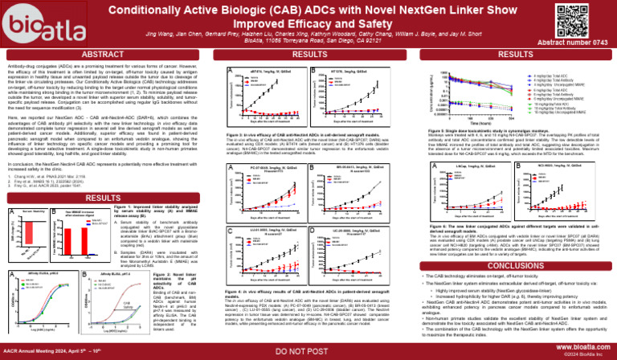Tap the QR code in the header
coord(593,22)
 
